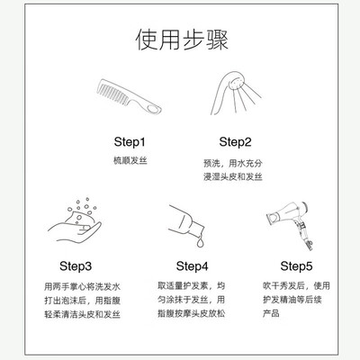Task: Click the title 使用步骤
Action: pos(182,40)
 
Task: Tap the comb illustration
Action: pos(129,96)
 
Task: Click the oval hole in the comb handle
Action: pos(154,108)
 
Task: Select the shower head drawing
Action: pos(236,93)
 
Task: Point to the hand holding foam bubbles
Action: pos(75,229)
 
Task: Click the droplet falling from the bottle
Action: pos(201,242)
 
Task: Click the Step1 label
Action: pos(130,142)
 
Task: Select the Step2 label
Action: pos(235,142)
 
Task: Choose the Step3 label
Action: pos(76,266)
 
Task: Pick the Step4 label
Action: pos(192,266)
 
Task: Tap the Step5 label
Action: pos(296,266)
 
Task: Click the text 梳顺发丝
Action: pos(130,160)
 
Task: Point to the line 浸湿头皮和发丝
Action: pos(233,176)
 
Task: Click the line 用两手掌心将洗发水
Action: pos(82,286)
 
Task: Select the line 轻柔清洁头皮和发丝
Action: pos(82,314)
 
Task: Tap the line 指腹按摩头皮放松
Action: pos(192,313)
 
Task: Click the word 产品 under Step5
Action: pos(271,313)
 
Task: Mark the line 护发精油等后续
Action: pos(292,300)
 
